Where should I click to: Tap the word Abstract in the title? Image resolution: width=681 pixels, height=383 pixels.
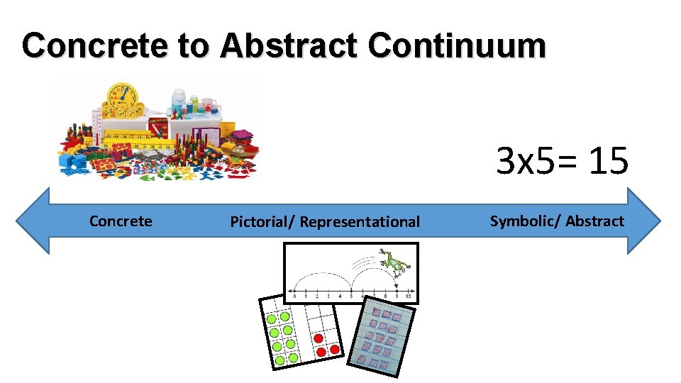point(288,46)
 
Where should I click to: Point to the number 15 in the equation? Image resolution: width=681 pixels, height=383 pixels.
point(607,161)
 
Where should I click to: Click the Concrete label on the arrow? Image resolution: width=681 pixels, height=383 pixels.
point(121,221)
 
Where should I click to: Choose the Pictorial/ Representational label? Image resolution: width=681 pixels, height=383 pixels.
point(325,222)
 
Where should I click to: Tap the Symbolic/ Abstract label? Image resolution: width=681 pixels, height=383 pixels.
point(557,221)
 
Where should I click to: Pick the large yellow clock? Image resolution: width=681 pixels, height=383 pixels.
point(122,97)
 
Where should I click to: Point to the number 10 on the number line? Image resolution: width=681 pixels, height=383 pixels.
point(408,295)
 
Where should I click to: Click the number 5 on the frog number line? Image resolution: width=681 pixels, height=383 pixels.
point(350,295)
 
